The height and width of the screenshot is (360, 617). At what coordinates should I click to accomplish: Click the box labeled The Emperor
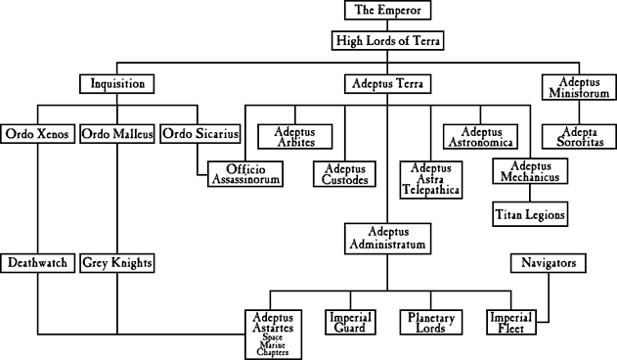(386, 12)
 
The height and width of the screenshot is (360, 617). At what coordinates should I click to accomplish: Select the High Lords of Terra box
(386, 41)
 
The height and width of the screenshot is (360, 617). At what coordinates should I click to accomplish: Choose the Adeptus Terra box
(386, 84)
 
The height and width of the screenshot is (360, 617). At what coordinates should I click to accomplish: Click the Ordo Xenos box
(38, 134)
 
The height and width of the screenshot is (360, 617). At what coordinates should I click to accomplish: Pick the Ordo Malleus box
(116, 134)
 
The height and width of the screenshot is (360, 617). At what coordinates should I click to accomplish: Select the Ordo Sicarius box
(196, 134)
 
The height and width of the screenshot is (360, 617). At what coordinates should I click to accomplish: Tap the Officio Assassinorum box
(244, 173)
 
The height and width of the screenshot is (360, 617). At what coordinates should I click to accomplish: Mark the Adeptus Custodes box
(344, 173)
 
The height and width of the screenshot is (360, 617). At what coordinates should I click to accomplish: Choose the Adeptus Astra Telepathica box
(431, 179)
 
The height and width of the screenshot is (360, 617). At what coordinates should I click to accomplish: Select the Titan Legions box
(531, 213)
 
